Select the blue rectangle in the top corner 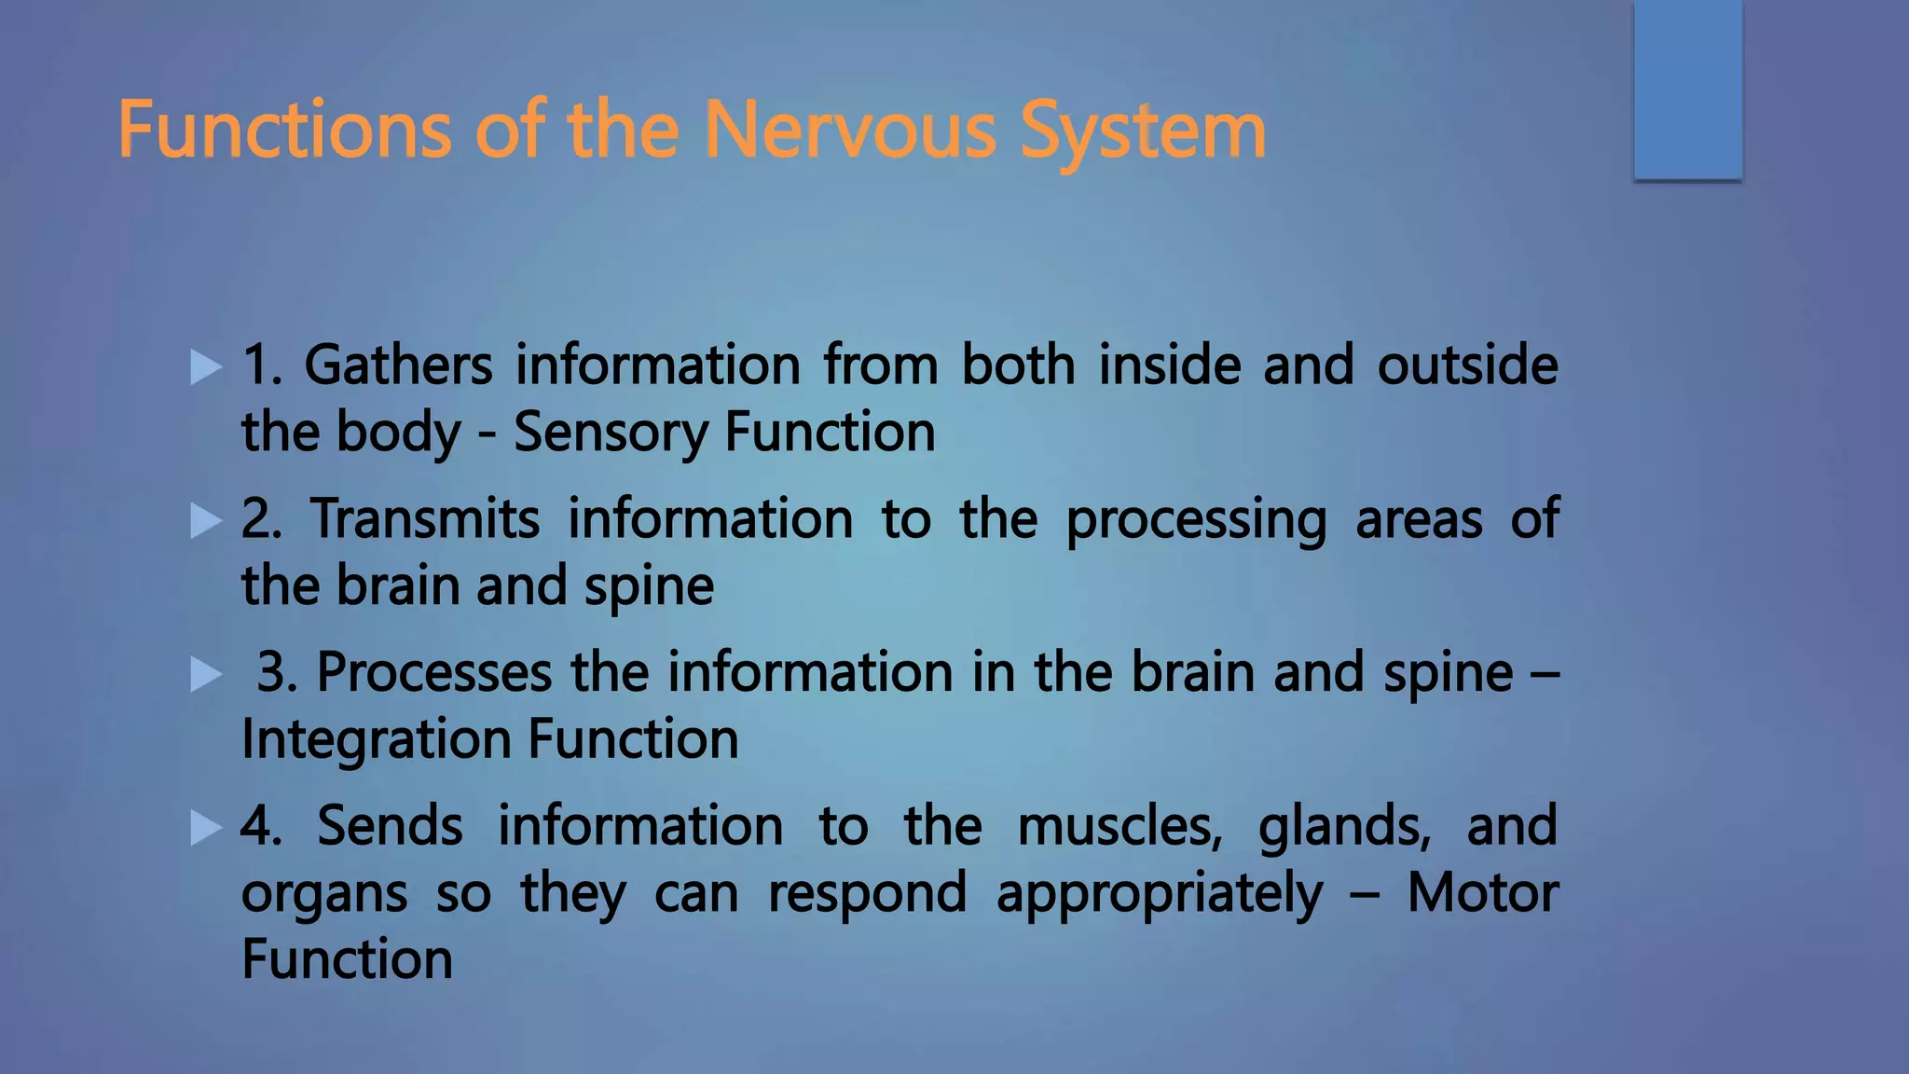[x=1687, y=89]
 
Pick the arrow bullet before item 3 [x=205, y=674]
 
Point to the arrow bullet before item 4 [x=205, y=827]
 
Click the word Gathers [x=398, y=365]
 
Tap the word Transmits [x=425, y=518]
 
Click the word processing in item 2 [x=1196, y=520]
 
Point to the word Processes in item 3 [x=434, y=672]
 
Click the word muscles [x=1119, y=826]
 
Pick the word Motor [x=1482, y=893]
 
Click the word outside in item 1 [x=1467, y=365]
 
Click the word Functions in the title [x=285, y=131]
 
